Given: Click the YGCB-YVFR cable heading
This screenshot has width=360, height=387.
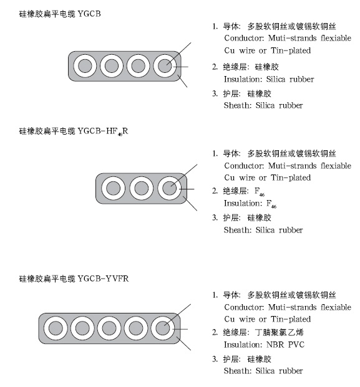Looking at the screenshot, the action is (x=74, y=279).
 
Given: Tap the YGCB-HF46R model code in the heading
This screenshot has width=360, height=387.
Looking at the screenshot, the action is (x=103, y=131).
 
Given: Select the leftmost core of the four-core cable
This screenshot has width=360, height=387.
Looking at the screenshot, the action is (x=85, y=66).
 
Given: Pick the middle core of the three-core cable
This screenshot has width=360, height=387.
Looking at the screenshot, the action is (x=142, y=188).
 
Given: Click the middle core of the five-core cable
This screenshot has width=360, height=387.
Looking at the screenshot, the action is (x=109, y=328).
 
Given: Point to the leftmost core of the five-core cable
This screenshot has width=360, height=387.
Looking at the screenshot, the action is (x=56, y=328).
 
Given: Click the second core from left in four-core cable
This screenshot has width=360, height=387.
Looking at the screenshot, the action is (x=112, y=66).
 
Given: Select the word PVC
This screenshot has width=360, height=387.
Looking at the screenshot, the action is (x=296, y=345).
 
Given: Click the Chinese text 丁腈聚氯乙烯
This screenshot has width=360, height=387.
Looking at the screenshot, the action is (x=280, y=332).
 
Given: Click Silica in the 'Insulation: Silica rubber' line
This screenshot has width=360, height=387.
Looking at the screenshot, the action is (x=276, y=79).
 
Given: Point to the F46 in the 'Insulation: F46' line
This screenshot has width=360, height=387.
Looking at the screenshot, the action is (x=271, y=204).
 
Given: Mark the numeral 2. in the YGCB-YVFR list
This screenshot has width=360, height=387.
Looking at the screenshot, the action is (x=215, y=332).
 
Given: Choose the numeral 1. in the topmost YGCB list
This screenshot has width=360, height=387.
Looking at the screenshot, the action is (x=215, y=26).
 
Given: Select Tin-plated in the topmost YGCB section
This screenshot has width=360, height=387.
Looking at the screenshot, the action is (x=291, y=50).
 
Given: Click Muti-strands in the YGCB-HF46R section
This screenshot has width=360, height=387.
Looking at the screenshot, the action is (x=292, y=166).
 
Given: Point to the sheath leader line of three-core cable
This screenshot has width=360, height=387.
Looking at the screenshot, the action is (x=190, y=204).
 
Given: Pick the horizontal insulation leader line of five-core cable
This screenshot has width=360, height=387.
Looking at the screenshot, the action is (x=180, y=329).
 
